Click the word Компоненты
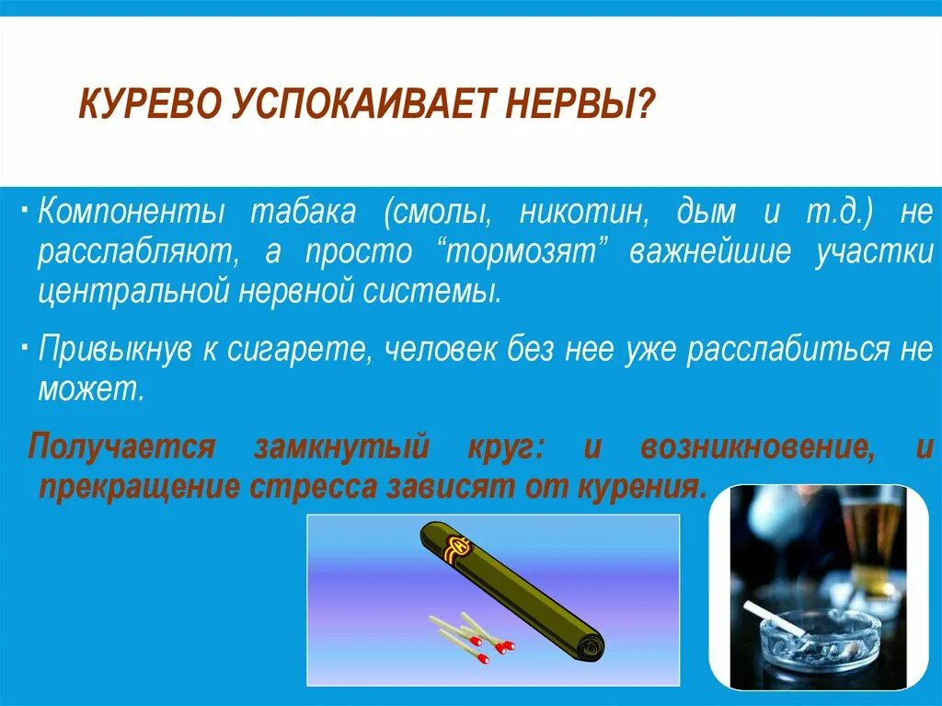[x=132, y=213]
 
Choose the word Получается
[x=122, y=447]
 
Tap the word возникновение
[x=757, y=447]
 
